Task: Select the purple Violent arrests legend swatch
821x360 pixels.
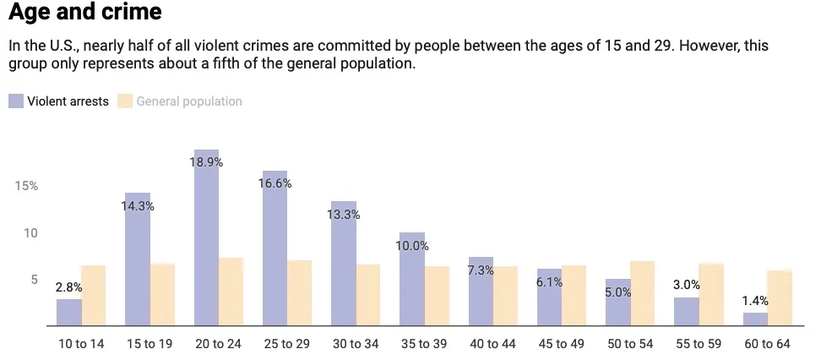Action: point(16,101)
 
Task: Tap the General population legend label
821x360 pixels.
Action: point(189,101)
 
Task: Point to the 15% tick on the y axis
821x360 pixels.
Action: point(27,186)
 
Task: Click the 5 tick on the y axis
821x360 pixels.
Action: point(33,280)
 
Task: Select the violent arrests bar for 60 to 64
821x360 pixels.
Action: point(756,319)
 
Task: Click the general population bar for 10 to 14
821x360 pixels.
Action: point(94,296)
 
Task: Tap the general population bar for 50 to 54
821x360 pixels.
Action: point(643,293)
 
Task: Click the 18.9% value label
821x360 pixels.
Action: point(207,161)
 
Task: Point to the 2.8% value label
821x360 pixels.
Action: point(69,288)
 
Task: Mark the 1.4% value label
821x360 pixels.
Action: point(756,301)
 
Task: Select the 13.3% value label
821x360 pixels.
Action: point(344,215)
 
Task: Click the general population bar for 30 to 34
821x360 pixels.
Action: point(368,295)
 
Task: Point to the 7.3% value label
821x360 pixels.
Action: point(481,270)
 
